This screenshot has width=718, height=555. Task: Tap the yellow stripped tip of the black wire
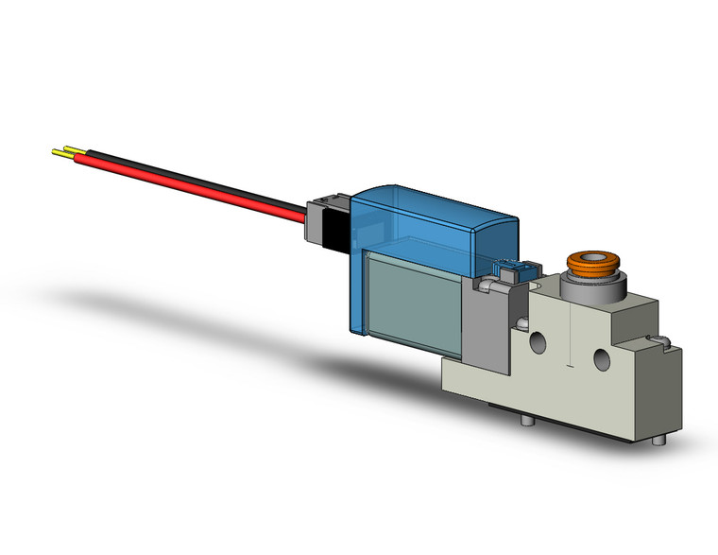(x=72, y=149)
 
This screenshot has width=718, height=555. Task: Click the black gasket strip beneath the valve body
(x=567, y=417)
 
